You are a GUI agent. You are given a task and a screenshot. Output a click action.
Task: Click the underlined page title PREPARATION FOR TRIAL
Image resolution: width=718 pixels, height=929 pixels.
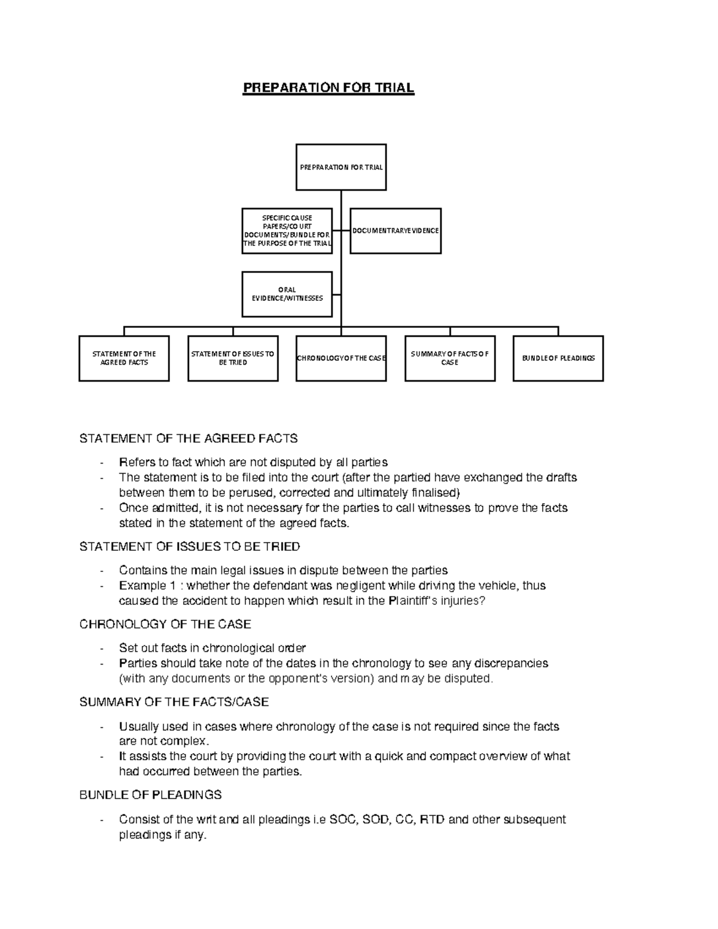[x=328, y=89]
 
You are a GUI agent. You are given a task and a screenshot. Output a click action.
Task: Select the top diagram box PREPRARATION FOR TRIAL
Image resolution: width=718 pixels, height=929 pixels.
[x=341, y=167]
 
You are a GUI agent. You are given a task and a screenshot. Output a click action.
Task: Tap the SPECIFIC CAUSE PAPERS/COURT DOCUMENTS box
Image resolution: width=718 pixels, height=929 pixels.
[x=287, y=231]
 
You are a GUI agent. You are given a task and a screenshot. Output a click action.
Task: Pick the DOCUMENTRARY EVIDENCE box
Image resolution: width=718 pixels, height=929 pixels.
[x=395, y=231]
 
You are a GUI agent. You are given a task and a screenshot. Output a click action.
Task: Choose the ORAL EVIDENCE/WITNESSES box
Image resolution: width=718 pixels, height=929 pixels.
[x=287, y=294]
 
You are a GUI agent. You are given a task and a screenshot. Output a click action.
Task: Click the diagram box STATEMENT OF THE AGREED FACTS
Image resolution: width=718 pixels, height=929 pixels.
[x=124, y=358]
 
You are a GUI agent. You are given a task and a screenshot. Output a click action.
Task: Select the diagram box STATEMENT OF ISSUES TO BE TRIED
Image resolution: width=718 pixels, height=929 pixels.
[x=233, y=358]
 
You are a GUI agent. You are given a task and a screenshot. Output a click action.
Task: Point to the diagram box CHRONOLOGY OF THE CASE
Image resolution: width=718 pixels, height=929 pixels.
[x=341, y=358]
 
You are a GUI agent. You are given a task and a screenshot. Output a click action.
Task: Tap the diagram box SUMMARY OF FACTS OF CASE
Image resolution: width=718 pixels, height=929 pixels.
[x=450, y=358]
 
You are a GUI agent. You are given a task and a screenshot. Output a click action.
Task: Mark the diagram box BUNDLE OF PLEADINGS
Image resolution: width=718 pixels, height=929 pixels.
[x=558, y=358]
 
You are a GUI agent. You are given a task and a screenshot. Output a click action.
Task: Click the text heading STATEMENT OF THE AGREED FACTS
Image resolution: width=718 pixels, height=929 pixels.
[x=188, y=438]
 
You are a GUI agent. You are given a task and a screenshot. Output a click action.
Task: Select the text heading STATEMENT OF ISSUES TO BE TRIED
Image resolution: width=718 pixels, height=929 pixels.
[x=190, y=547]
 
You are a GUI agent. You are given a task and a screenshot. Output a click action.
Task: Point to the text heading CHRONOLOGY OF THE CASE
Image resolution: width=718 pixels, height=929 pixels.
[x=165, y=625]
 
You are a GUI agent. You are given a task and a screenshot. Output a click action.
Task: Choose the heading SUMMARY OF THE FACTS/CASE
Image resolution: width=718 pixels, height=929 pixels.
[x=174, y=702]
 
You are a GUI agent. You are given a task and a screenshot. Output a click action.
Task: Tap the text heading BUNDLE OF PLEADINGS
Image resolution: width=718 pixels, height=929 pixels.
[x=150, y=795]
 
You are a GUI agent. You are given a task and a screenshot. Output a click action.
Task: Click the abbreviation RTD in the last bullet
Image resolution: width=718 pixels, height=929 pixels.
[x=432, y=820]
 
